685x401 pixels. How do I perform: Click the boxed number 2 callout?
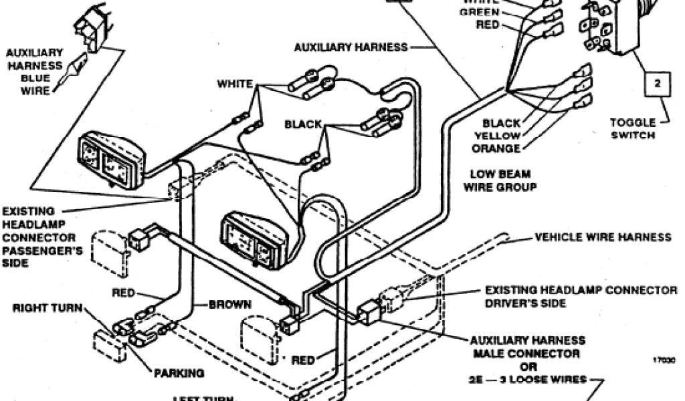tap(658, 84)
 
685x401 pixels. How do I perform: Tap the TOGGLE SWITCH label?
tap(631, 128)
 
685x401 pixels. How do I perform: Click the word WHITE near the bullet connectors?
tap(234, 84)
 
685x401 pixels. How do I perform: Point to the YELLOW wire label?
tap(498, 136)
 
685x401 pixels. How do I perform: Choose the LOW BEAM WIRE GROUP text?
tap(500, 180)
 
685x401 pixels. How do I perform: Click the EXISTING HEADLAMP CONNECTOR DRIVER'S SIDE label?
tap(581, 296)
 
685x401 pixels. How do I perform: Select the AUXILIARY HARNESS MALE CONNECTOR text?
tap(528, 346)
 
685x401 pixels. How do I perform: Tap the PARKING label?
tap(179, 373)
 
